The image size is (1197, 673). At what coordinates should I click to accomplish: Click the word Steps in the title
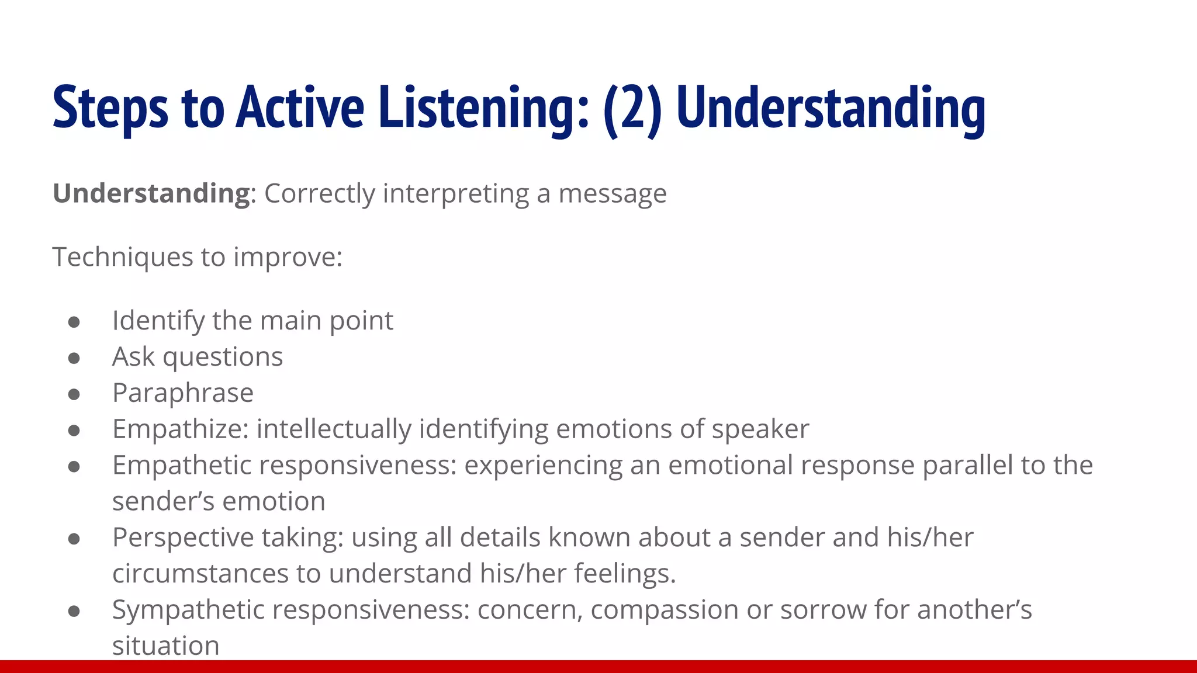coord(110,108)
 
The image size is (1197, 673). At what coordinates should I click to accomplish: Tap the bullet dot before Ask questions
coord(74,358)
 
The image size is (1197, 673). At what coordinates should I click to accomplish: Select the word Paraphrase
coord(183,393)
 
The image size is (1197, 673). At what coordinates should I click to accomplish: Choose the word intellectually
coord(334,429)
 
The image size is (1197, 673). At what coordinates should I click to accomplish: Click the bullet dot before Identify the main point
coord(74,322)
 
